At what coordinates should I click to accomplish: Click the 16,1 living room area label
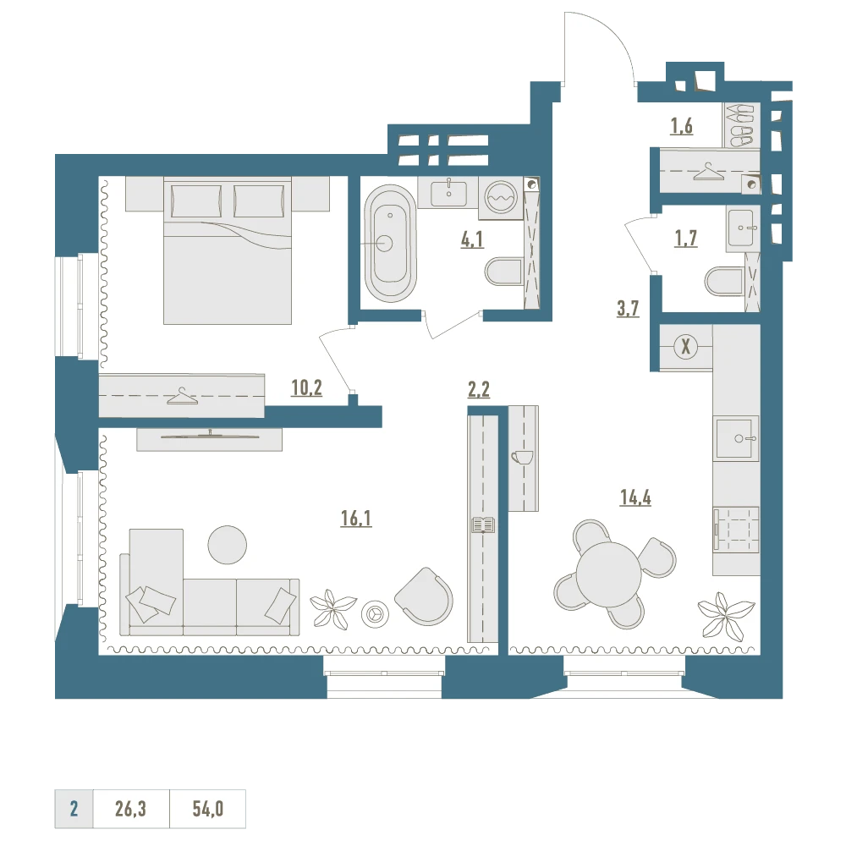click(356, 519)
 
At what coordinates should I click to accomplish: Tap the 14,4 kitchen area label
click(635, 497)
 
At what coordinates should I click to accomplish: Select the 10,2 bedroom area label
click(306, 387)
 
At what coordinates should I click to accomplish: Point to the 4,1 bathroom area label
click(471, 239)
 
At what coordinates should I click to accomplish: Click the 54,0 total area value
click(208, 809)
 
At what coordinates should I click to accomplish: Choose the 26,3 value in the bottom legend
click(130, 809)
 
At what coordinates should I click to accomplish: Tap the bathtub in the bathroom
click(390, 244)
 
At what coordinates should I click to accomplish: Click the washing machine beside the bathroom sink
click(501, 197)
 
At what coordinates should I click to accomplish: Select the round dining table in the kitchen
click(608, 574)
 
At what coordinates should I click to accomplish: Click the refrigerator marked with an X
click(686, 346)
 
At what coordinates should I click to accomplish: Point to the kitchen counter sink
click(737, 437)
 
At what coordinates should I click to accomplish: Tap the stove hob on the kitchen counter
click(736, 530)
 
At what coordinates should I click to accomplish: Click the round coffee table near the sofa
click(227, 545)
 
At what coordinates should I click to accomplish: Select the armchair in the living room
click(425, 596)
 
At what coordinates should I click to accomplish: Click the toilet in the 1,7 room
click(725, 281)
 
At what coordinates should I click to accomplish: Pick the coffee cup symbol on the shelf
click(521, 457)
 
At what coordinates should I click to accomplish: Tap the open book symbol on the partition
click(483, 525)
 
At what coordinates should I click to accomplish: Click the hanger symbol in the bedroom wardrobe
click(182, 396)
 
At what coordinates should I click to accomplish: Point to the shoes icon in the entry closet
click(741, 125)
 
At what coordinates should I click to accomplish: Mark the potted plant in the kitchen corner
click(725, 616)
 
